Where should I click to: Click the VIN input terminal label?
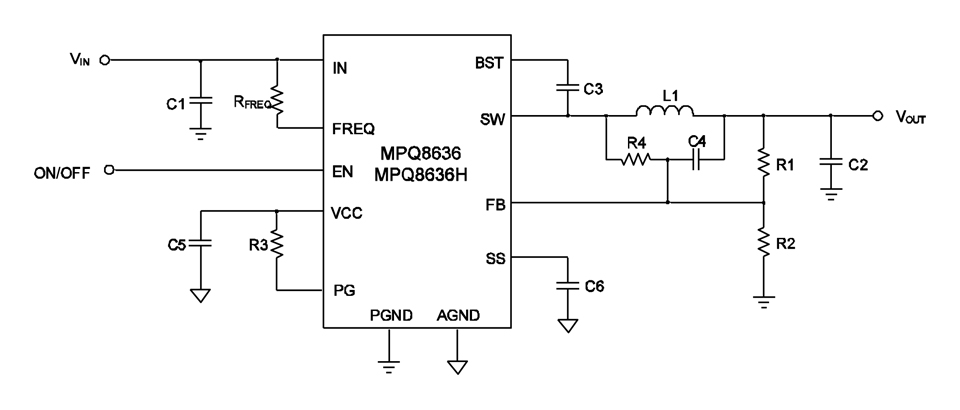click(x=80, y=60)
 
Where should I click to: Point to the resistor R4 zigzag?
click(x=636, y=159)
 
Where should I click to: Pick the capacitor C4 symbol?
click(x=697, y=159)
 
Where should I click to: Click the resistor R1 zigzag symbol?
click(x=764, y=159)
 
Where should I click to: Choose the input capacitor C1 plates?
click(x=201, y=100)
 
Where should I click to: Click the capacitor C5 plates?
click(x=201, y=242)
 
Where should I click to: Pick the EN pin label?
click(x=343, y=171)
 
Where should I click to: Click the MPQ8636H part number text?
click(x=420, y=174)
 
